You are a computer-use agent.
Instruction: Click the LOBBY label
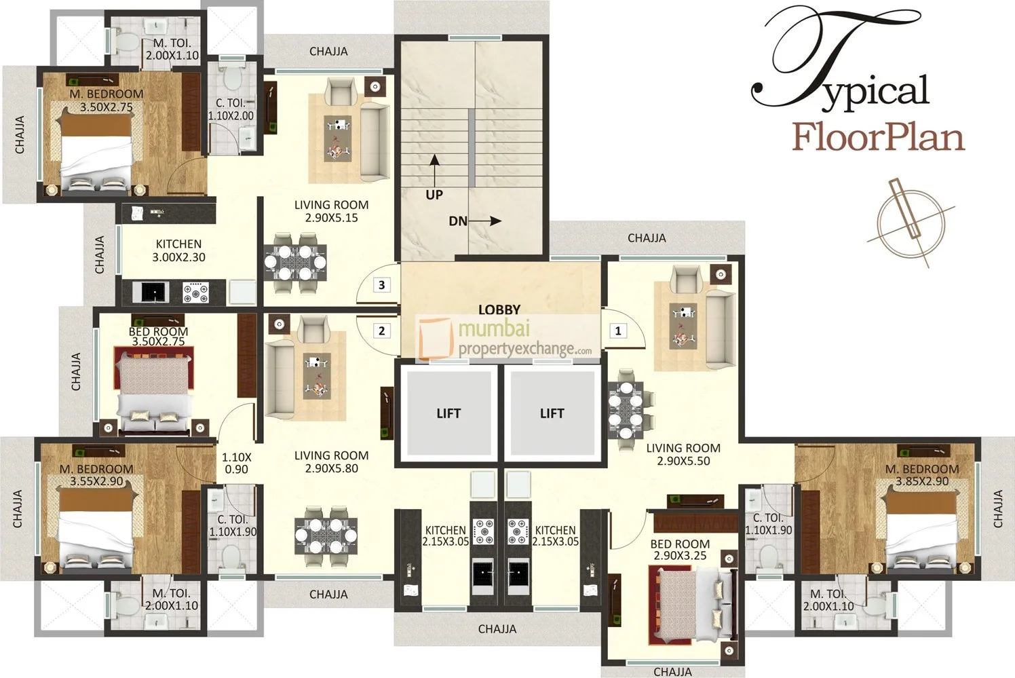(x=499, y=309)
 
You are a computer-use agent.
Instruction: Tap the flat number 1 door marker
(x=618, y=331)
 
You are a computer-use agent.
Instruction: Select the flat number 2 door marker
(x=382, y=331)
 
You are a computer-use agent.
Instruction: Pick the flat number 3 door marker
(x=382, y=284)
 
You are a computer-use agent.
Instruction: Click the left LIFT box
(x=448, y=413)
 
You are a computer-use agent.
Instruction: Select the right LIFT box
(x=552, y=413)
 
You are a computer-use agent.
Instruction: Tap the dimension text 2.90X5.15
(x=331, y=218)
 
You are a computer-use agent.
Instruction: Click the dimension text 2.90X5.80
(x=331, y=468)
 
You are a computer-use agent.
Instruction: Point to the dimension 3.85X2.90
(x=921, y=481)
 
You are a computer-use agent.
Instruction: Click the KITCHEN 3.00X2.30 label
(x=178, y=250)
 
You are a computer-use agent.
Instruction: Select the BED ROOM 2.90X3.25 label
(x=680, y=550)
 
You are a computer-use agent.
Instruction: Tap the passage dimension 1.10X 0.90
(x=236, y=463)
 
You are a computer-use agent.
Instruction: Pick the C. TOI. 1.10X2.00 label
(x=231, y=109)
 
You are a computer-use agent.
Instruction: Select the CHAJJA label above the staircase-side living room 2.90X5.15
(x=328, y=51)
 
